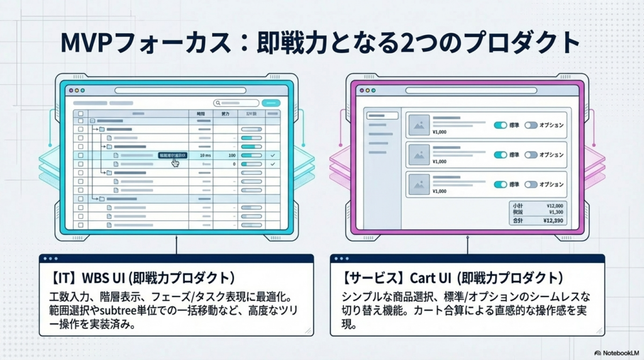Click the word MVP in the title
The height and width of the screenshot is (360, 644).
[x=87, y=43]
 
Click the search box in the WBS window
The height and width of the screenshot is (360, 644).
[x=236, y=103]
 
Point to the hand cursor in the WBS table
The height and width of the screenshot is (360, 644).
[x=175, y=162]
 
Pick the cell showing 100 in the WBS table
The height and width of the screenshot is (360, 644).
[x=232, y=155]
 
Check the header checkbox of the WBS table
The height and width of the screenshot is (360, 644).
[x=80, y=114]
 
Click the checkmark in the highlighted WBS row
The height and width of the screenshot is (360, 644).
[x=272, y=155]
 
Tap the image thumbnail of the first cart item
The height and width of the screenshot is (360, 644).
[x=418, y=125]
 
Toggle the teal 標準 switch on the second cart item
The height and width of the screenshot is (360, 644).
[x=501, y=155]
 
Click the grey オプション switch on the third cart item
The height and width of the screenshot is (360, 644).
[x=531, y=184]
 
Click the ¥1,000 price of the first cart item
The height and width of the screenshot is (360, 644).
[x=440, y=133]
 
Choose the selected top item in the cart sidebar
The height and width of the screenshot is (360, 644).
[x=382, y=116]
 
